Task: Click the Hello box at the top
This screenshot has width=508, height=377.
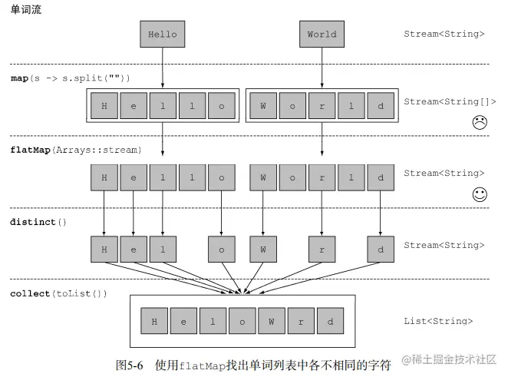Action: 162,35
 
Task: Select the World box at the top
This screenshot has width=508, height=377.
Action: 322,35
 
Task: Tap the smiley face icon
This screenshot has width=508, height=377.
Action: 480,194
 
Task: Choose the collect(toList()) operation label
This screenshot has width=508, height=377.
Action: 59,294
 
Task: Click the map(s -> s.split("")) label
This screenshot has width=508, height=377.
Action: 71,78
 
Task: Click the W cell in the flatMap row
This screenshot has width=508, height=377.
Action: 262,178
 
